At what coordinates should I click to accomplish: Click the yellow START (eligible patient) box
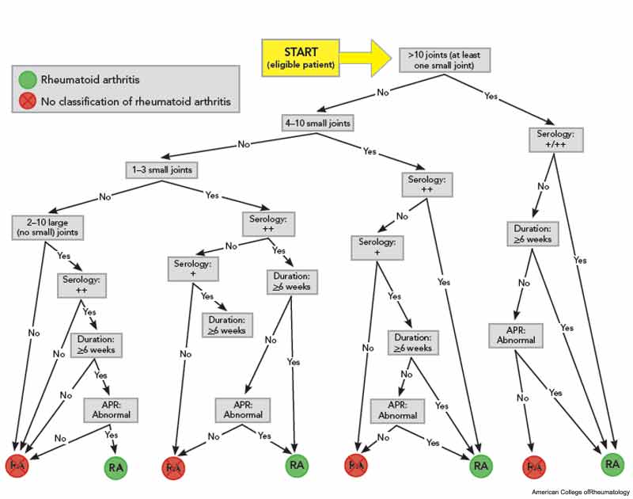[301, 58]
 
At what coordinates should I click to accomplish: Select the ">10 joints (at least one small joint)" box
[445, 60]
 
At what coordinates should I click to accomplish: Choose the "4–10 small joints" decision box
[318, 123]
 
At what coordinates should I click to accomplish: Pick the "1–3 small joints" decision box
[162, 170]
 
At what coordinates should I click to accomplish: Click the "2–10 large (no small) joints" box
[47, 227]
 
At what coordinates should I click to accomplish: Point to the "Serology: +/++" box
[556, 140]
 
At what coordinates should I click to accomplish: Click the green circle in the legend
[28, 79]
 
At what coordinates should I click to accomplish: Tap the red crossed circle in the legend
[28, 101]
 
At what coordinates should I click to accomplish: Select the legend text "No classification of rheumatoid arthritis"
[136, 101]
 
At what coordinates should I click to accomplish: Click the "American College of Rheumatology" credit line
[581, 492]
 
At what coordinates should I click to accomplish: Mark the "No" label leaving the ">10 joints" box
[383, 92]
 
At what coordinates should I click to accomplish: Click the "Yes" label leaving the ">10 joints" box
[491, 96]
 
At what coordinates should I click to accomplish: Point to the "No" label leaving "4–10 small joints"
[244, 144]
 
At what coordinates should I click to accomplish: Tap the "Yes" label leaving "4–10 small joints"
[370, 151]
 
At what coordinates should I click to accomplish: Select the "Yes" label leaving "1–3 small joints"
[212, 195]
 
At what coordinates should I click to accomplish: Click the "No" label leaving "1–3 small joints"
[105, 196]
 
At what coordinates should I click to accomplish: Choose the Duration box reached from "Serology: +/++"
[533, 234]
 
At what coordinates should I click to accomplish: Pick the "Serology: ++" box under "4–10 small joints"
[427, 185]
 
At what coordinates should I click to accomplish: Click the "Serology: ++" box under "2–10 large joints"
[81, 285]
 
